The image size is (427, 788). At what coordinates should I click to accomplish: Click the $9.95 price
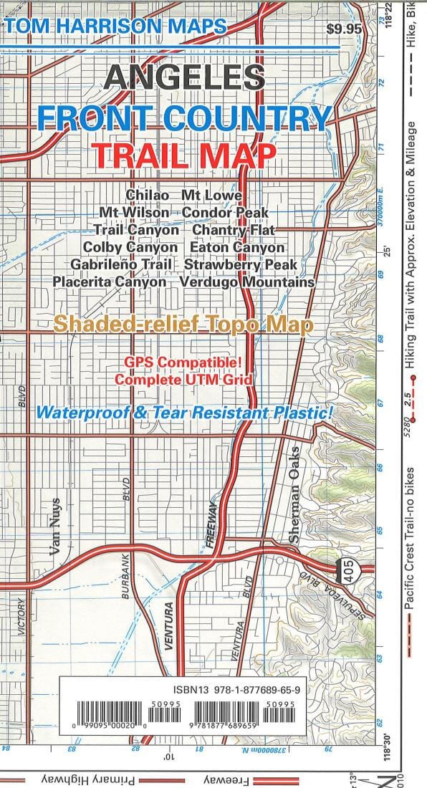344,29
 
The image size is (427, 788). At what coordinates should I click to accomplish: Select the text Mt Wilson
135,213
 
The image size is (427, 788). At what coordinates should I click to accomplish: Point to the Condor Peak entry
225,213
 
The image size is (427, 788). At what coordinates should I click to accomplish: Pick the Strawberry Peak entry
240,264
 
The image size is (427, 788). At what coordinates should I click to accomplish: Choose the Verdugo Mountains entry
247,282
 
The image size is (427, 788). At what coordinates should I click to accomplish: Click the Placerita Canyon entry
110,282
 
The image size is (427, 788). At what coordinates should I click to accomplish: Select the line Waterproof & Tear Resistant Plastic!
185,413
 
